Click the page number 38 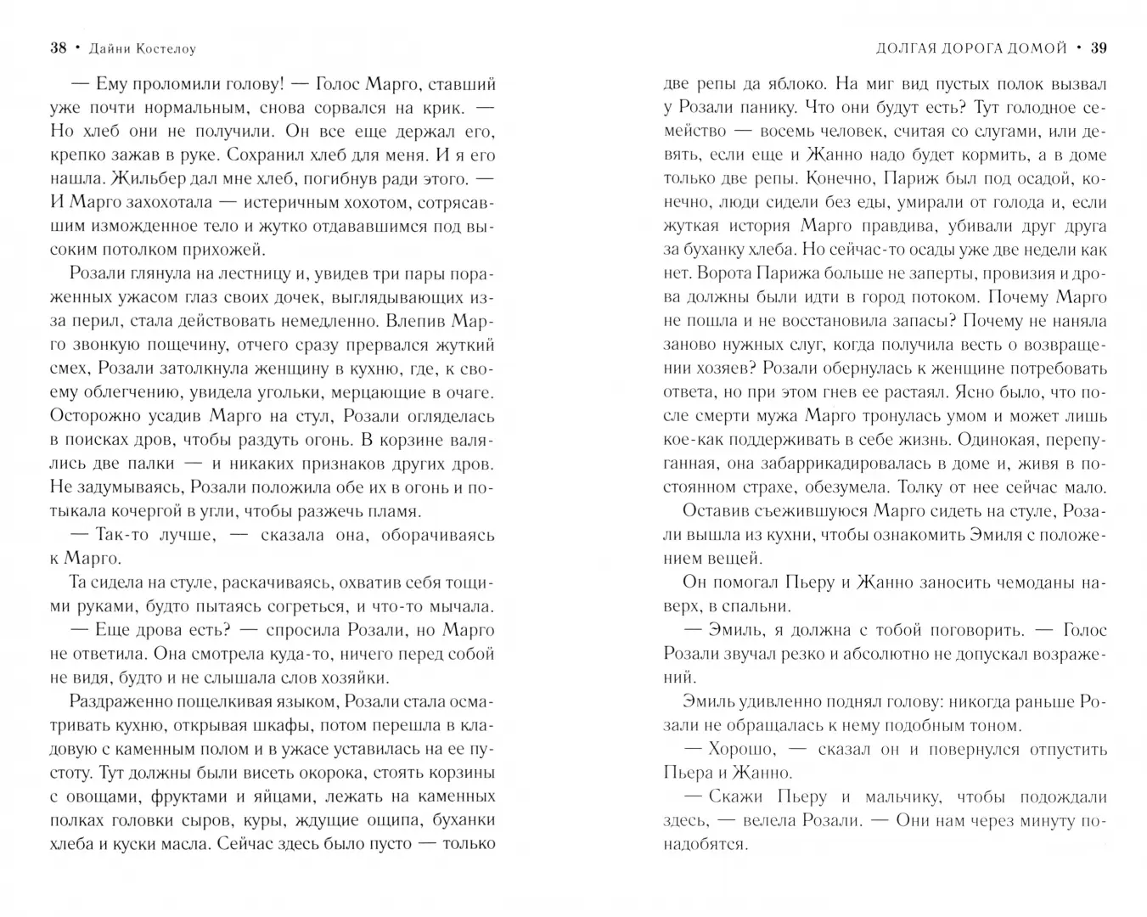58,48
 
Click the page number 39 1098,48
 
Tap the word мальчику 902,797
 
